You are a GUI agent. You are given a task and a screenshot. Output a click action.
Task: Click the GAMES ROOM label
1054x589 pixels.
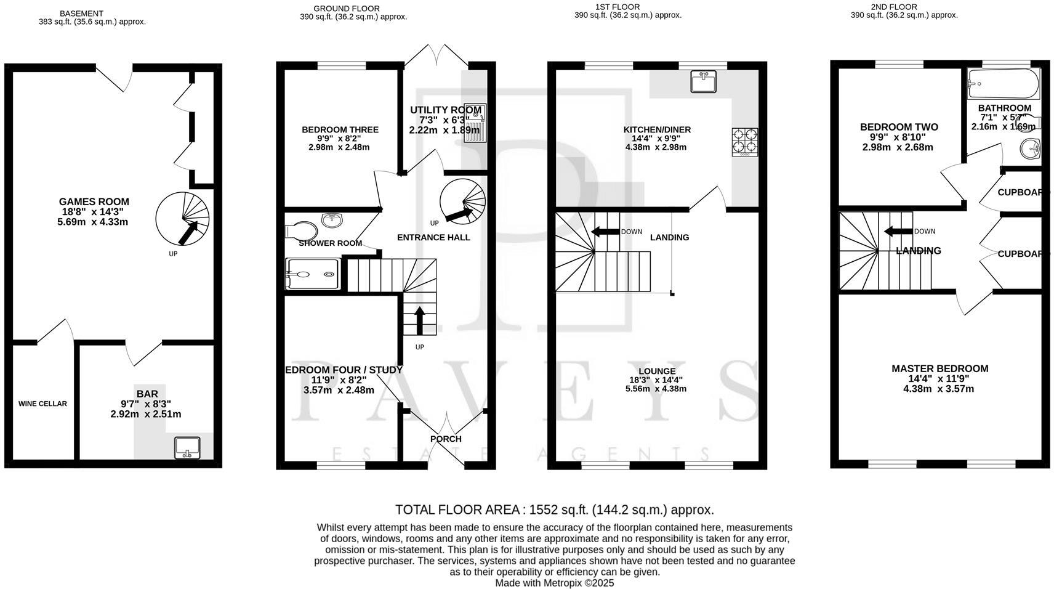pos(94,201)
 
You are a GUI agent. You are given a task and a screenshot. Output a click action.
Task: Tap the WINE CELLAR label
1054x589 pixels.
pos(42,404)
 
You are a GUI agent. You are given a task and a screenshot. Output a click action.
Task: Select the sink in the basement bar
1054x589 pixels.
pos(187,447)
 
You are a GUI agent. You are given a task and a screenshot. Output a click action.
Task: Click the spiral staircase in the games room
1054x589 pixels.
pos(183,219)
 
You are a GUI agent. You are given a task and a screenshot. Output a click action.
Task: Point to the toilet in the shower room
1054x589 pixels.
pos(301,230)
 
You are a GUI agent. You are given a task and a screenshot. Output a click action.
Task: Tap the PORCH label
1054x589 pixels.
pos(446,439)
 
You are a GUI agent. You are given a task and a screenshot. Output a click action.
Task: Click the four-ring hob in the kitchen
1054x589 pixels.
pos(745,141)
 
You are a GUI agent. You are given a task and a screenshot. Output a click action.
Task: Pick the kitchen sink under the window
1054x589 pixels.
pos(703,81)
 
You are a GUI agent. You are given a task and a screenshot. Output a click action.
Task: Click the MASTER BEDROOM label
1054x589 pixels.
pos(939,368)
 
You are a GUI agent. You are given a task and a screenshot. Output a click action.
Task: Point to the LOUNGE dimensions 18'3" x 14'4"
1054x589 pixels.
pos(656,380)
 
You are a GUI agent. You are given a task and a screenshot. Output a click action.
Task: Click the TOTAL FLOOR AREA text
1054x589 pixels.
pos(554,510)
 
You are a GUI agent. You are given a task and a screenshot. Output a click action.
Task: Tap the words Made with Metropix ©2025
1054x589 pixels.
pos(554,583)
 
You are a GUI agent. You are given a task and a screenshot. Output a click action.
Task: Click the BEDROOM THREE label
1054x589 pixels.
pos(340,129)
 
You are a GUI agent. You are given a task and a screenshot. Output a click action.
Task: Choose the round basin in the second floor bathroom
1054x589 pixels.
pos(1029,148)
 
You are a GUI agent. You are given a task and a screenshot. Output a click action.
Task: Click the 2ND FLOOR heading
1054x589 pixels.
pos(903,7)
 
